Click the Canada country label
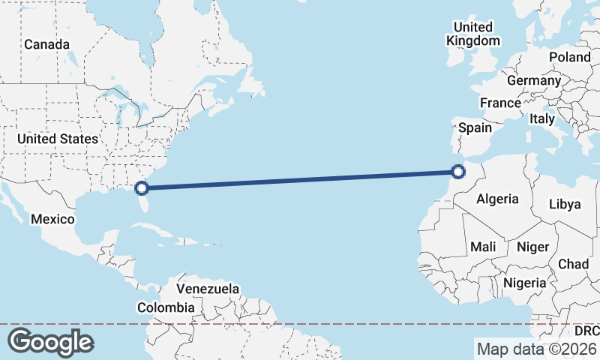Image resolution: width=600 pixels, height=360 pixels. [46, 44]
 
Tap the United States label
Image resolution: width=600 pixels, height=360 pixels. [57, 139]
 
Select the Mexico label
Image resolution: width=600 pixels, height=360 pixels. [52, 219]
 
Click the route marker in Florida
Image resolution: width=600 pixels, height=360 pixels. [142, 187]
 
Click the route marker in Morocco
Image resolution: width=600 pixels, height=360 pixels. [459, 172]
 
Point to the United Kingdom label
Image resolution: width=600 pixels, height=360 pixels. [473, 34]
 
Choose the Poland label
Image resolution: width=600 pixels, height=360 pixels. [569, 57]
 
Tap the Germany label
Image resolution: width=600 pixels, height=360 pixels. [534, 80]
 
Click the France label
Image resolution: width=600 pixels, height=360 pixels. [500, 103]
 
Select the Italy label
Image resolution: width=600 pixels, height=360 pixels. [542, 118]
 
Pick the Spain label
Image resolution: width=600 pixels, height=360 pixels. [475, 127]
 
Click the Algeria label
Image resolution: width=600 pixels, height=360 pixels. [497, 199]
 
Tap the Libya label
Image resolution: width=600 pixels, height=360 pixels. [565, 204]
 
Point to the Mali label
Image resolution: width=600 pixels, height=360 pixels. [483, 247]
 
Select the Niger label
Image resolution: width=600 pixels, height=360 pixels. [533, 247]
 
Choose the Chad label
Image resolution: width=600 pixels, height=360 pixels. [573, 264]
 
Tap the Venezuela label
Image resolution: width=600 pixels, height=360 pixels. [208, 289]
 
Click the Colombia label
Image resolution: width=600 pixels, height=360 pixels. [166, 307]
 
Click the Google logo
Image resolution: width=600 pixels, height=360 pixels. [51, 341]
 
